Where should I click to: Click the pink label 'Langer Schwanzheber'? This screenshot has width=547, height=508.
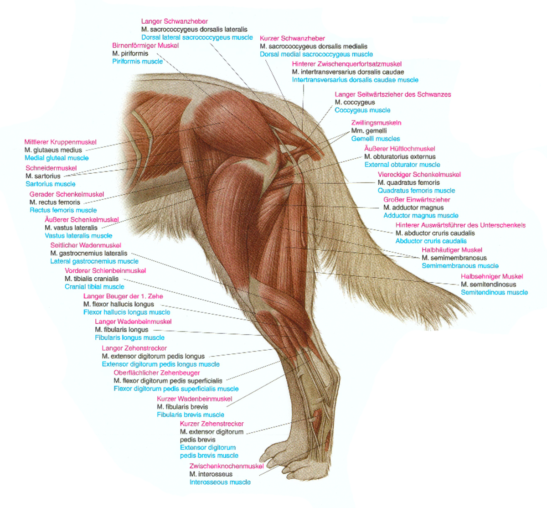[x=174, y=21]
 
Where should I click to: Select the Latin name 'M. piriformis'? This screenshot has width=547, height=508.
[x=130, y=53]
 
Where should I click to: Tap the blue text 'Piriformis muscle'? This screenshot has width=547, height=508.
[x=137, y=62]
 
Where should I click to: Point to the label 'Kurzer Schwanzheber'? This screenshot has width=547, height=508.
[x=292, y=38]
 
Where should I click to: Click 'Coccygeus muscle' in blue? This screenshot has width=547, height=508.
[x=362, y=110]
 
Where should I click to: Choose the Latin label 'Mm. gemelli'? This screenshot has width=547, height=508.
[x=369, y=131]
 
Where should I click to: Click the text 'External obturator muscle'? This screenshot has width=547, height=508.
[x=402, y=165]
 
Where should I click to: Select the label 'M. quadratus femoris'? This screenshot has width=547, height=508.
[x=408, y=182]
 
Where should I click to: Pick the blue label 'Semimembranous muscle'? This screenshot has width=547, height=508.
[x=460, y=266]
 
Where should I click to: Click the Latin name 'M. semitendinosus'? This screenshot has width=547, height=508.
[x=488, y=285]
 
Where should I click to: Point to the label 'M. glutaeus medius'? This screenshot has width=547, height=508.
[x=53, y=150]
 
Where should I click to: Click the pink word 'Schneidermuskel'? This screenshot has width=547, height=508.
[x=51, y=168]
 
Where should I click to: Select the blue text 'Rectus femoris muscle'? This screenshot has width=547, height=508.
[x=63, y=210]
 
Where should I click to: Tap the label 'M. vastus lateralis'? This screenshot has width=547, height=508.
[x=71, y=228]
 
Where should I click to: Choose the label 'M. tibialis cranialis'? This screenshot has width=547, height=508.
[x=92, y=279]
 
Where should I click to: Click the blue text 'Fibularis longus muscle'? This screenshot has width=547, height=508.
[x=129, y=338]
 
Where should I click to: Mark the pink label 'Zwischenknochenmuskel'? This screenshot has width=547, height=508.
[x=227, y=467]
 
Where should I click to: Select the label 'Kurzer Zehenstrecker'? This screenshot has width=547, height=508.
[x=212, y=424]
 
